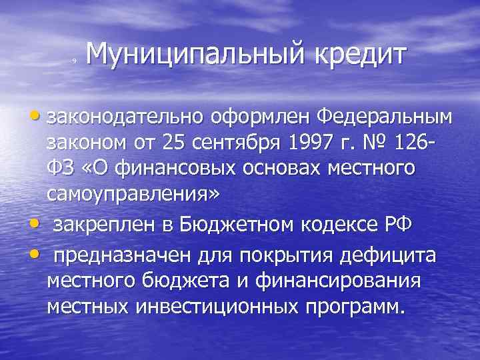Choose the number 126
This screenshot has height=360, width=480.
coord(412,144)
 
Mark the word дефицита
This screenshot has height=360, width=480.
coord(397,254)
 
